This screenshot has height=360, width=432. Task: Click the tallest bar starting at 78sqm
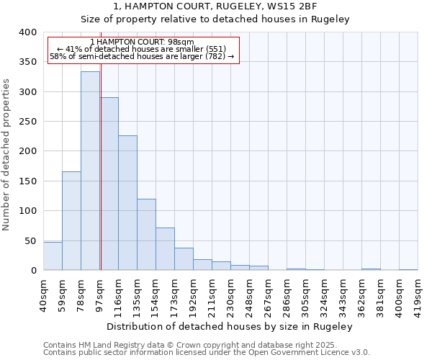(x=90, y=171)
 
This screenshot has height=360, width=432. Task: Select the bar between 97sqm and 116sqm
(x=109, y=184)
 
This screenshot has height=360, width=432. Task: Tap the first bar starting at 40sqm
(x=53, y=256)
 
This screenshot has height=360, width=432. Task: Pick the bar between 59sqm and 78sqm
(x=71, y=220)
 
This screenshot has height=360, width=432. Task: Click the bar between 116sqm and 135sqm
(x=127, y=203)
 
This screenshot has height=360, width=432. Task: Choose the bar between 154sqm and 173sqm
(x=165, y=249)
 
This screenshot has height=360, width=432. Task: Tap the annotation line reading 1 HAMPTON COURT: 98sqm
(x=143, y=42)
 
